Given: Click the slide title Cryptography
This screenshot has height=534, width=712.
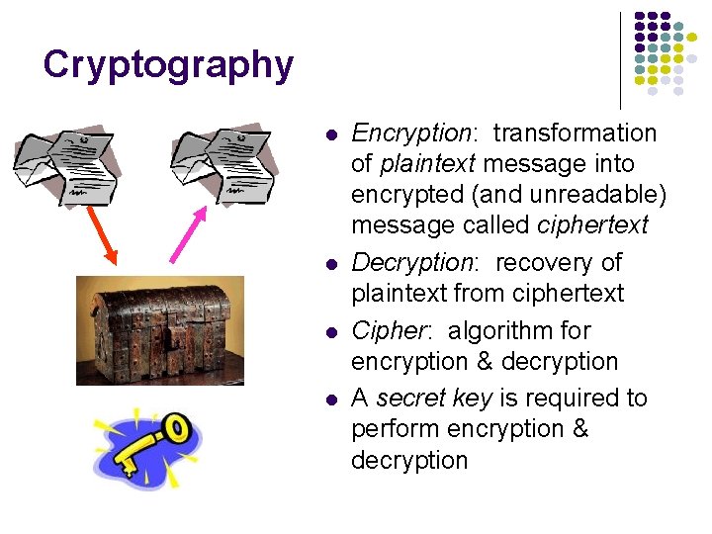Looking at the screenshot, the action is pos(168,65).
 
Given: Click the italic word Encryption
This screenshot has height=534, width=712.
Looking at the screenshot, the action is pos(410,133).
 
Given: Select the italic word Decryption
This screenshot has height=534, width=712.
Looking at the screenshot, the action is pos(412,262).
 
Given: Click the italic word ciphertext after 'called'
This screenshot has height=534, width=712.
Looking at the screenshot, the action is pos(592,224).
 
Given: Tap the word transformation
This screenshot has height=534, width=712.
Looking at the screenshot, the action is pos(575,133).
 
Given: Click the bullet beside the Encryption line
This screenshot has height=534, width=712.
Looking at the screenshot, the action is pos(331,133).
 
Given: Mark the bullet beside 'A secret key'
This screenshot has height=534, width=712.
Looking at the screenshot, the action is pos(331,399).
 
